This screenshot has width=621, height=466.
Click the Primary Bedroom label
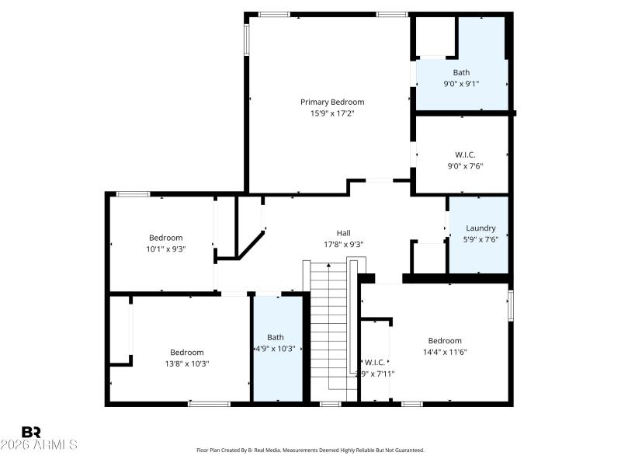332,102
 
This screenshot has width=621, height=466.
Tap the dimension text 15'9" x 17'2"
332,113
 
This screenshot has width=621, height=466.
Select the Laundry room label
480,228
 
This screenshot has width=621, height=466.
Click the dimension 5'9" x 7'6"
480,239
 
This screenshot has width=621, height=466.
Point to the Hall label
343,232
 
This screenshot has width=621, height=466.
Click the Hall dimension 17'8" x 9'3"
343,244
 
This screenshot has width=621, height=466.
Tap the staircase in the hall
330,326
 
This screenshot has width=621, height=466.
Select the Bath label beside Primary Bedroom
461,72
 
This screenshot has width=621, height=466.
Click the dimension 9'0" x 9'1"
461,84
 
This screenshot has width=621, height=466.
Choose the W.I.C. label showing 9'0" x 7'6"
465,155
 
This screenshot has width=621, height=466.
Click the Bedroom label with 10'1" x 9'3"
166,238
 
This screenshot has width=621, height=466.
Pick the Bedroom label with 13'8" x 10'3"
187,352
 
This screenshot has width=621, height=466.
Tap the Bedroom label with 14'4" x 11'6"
445,340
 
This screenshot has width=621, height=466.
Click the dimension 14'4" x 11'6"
445,352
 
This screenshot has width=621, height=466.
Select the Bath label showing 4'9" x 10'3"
276,337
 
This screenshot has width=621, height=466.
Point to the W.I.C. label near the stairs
375,362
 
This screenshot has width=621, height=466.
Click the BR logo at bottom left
31,432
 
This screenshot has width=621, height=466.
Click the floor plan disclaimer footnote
310,450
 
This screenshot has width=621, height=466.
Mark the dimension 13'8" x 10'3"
187,363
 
